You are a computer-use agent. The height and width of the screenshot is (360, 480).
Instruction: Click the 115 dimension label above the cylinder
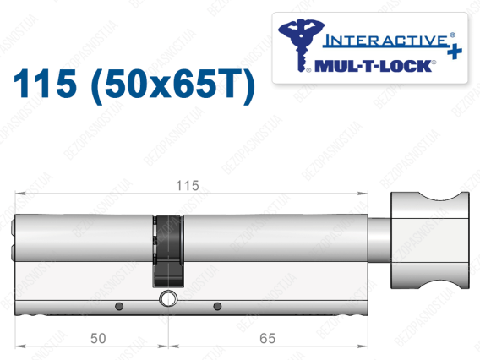coord(188,186)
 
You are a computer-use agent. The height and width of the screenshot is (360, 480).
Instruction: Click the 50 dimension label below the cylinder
coord(98,338)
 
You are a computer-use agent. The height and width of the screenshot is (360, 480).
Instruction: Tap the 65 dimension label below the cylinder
coord(268,338)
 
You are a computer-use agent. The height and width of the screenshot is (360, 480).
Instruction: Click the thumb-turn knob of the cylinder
coord(430,240)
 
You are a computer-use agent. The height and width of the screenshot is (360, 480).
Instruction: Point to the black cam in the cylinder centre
coord(168,251)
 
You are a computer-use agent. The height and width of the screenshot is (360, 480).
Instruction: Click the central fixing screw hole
coord(167,298)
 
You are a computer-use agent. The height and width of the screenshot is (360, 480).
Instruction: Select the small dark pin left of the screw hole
coord(119,306)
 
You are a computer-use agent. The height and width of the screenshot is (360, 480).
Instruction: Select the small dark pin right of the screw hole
coord(217,306)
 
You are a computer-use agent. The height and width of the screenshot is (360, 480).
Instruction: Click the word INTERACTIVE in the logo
coord(386,41)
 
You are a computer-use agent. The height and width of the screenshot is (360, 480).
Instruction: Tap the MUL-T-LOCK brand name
coord(374,66)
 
